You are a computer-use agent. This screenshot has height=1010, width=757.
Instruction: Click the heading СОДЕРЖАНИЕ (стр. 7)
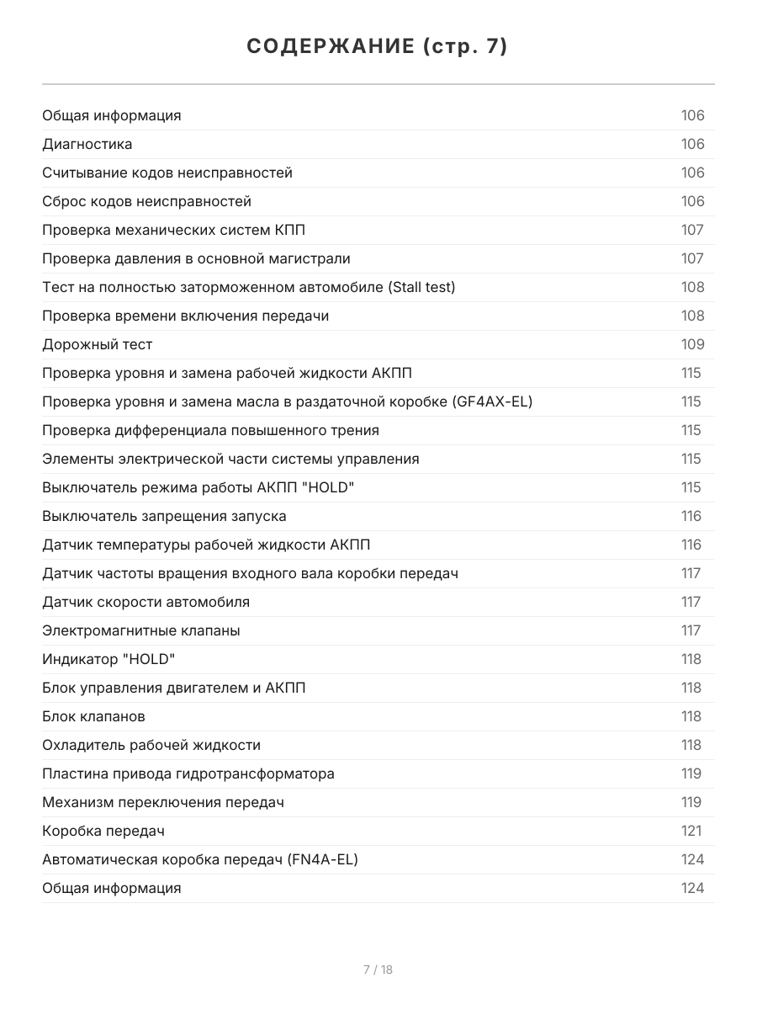378,46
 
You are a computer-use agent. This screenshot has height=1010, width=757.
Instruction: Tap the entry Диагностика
87,144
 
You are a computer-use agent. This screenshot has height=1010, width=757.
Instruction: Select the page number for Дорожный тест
692,344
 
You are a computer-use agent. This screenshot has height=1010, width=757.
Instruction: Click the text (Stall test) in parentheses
421,287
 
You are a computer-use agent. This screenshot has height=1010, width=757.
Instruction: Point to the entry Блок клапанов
93,716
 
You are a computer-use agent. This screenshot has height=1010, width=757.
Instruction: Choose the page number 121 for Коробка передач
691,831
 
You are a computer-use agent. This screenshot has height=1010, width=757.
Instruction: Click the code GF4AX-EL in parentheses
492,401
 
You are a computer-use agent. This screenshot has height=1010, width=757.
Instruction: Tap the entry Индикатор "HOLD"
109,659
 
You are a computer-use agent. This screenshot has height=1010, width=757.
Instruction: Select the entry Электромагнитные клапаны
141,630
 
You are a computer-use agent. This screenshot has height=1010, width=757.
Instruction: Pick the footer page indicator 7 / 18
378,970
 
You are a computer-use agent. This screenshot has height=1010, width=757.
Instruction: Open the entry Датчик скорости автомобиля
146,602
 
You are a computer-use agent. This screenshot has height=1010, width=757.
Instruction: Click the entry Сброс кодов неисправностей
146,201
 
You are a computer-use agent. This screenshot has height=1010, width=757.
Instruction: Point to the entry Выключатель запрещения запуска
164,516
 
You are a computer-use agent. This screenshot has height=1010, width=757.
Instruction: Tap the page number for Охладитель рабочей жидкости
691,745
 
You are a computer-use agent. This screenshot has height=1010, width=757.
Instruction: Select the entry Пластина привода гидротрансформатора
188,773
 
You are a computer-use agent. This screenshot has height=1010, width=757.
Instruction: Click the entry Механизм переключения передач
163,802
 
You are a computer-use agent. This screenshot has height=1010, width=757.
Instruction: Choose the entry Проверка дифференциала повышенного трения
210,430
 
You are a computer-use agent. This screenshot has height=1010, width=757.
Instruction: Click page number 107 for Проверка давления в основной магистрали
692,258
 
